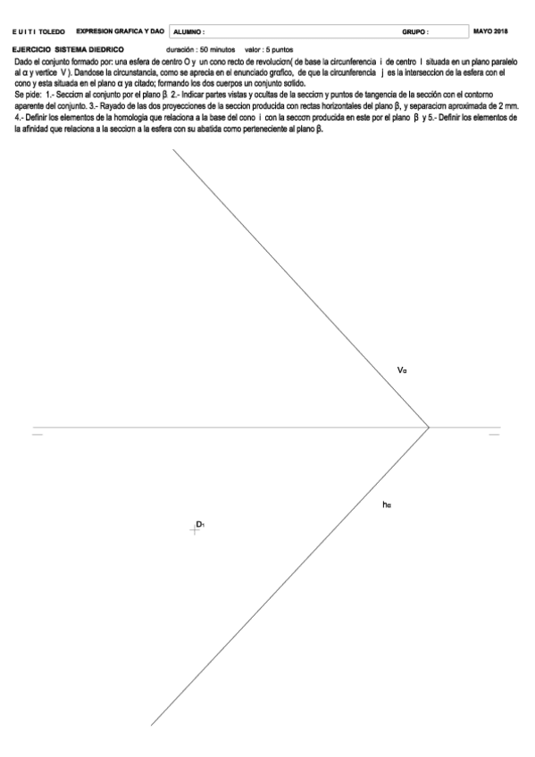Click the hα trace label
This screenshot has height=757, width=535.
click(x=386, y=506)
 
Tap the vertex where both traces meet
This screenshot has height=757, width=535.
click(x=430, y=427)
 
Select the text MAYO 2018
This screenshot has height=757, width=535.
click(x=490, y=31)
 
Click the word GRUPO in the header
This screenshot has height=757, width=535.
click(x=415, y=32)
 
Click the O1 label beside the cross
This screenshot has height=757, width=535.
click(x=201, y=524)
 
